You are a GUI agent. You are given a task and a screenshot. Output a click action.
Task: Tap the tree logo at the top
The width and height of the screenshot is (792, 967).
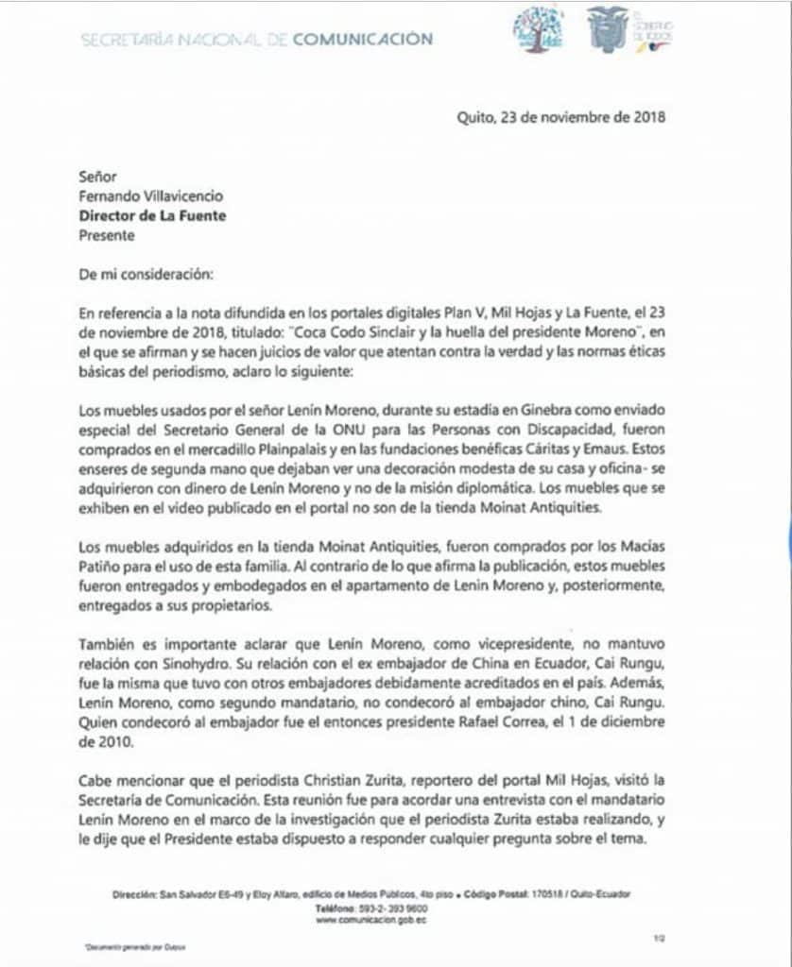click(x=538, y=29)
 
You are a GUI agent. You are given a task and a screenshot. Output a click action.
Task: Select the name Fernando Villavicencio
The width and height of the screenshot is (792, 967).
click(x=152, y=196)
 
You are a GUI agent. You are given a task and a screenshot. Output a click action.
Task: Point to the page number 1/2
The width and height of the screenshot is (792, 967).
click(x=659, y=939)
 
